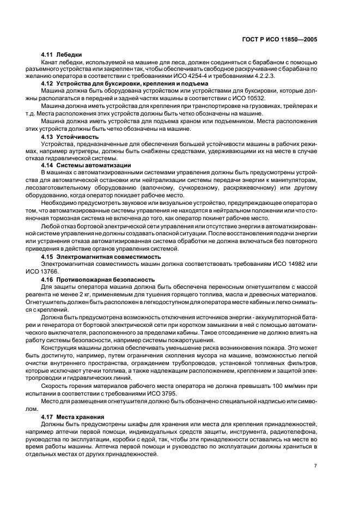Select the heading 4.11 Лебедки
click(62, 55)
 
